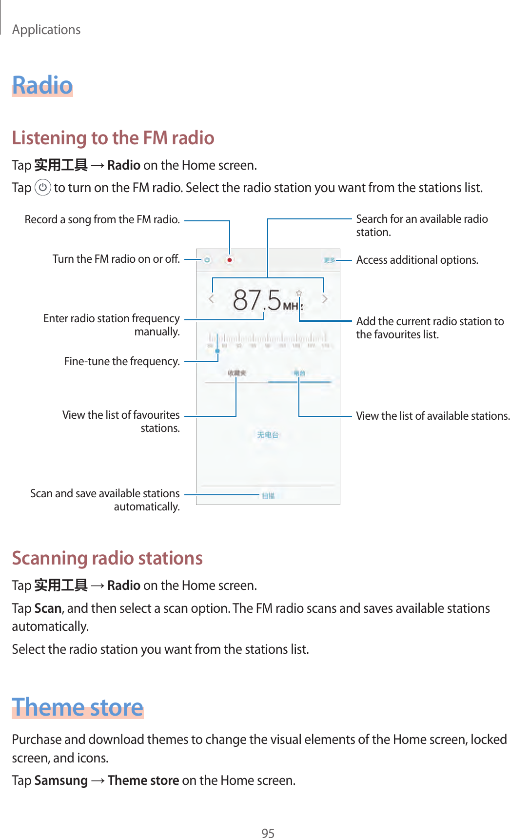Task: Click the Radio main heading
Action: pos(42,85)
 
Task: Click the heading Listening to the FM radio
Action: pos(113,138)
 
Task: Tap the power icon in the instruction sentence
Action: pos(43,187)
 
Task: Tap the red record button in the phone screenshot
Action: pos(229,260)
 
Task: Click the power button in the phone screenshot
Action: pos(207,260)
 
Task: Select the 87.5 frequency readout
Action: pos(257,300)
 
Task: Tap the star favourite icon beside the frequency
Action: pos(299,293)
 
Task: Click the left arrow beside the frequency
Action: pos(212,299)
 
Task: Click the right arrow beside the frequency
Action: pos(324,299)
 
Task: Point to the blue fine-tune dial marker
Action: pos(217,351)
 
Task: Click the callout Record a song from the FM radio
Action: pos(102,220)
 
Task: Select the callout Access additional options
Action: pos(417,260)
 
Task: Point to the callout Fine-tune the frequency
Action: pos(122,361)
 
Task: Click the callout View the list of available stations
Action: pos(432,416)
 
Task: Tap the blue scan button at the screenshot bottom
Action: pos(268,495)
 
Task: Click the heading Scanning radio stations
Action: pos(107,558)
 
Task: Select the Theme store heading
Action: pos(78,707)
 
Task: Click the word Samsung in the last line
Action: pos(61,780)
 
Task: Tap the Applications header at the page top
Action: pos(46,30)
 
